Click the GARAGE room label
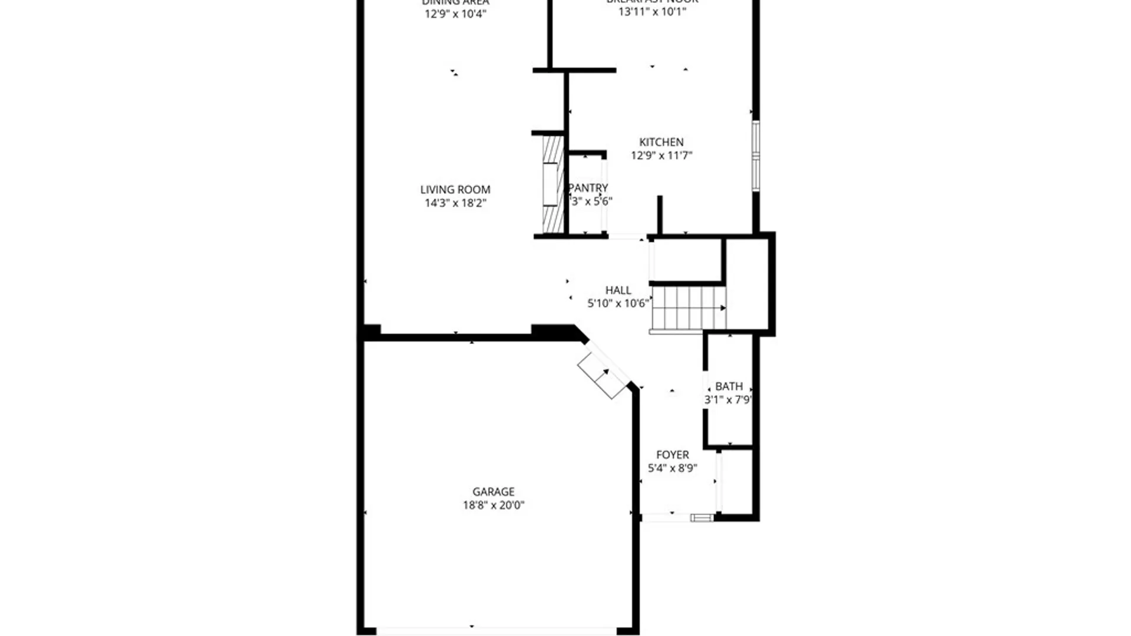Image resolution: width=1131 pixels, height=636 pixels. [493, 492]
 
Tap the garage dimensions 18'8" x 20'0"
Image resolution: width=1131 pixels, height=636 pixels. [493, 505]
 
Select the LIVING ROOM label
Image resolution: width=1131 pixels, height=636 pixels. [455, 190]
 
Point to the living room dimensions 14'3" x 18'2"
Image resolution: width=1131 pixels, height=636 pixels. [455, 203]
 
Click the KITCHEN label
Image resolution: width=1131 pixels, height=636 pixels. [661, 142]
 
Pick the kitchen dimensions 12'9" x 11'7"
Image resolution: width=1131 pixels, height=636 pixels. [661, 155]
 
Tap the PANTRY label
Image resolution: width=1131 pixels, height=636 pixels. [588, 188]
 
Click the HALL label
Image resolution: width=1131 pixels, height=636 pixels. [618, 290]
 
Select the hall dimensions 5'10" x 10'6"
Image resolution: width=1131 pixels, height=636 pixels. [618, 304]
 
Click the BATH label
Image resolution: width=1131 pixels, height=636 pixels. [729, 386]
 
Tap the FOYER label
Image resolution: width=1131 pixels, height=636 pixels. [672, 455]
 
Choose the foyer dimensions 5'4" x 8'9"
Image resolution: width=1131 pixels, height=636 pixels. [672, 468]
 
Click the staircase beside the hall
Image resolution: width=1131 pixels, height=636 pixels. [688, 307]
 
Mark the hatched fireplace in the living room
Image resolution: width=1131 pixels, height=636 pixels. [553, 184]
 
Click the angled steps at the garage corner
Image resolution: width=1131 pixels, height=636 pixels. [602, 376]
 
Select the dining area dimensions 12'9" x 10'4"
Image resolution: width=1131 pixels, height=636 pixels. [455, 14]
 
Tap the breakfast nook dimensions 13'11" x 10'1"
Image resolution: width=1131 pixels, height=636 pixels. [652, 12]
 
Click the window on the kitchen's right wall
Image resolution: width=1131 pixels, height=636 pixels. [756, 155]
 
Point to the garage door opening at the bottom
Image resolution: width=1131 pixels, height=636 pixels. [496, 631]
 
